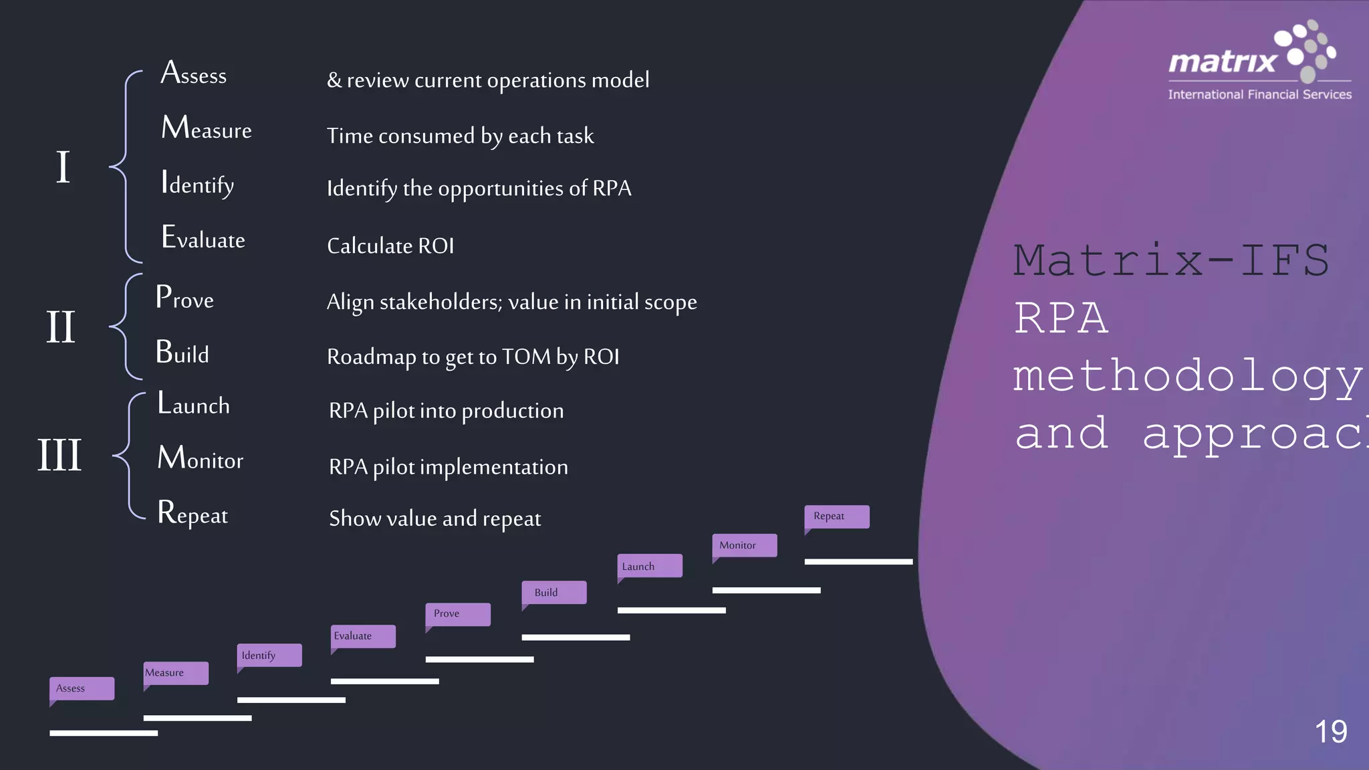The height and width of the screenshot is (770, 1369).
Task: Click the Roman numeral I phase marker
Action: [63, 167]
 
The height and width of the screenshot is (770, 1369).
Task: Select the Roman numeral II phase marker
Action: [61, 327]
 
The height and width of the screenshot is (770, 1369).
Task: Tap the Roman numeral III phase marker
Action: [59, 455]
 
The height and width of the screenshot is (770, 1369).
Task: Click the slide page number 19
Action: [1330, 732]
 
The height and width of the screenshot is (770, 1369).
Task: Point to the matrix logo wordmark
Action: [1223, 62]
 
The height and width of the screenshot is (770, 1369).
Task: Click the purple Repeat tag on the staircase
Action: [836, 516]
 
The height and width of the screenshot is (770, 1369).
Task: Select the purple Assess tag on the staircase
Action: [82, 688]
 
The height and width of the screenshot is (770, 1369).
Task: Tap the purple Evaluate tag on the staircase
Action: [363, 636]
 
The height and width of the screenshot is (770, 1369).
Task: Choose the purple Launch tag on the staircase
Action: [649, 566]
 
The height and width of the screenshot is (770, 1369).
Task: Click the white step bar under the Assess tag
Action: [104, 733]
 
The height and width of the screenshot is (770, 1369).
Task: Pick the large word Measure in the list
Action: [207, 128]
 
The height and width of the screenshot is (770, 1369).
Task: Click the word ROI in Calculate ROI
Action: [436, 246]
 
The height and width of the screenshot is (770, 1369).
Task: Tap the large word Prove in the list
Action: [184, 298]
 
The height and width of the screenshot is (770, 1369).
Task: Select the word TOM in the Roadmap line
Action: [526, 357]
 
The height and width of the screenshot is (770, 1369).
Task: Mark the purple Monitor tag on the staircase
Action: [744, 545]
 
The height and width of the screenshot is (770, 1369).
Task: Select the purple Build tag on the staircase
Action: [553, 593]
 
